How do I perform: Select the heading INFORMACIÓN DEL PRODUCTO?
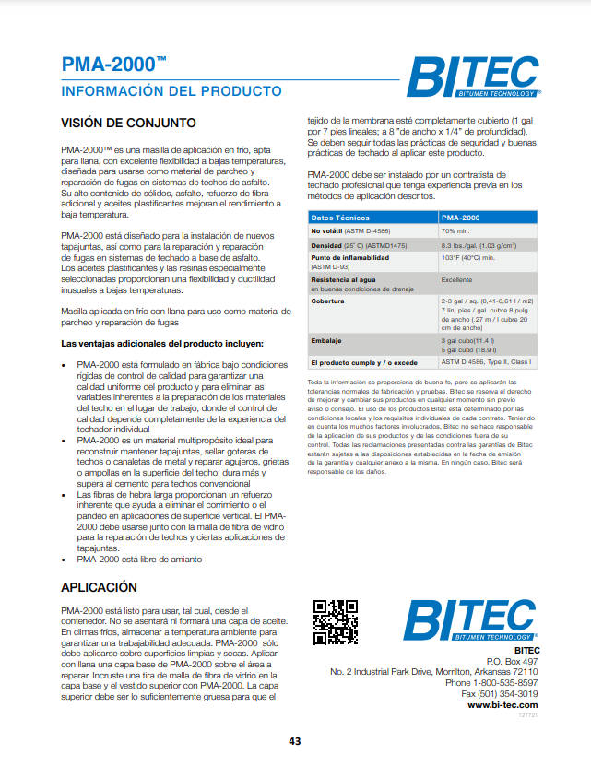click(171, 91)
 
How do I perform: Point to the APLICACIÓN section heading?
click(112, 587)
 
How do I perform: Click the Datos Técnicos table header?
click(339, 217)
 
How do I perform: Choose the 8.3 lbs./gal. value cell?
click(477, 246)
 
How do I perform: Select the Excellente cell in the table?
click(456, 278)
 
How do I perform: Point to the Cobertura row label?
click(328, 301)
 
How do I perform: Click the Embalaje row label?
click(326, 341)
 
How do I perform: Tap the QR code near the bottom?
click(335, 622)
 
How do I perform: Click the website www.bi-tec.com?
click(502, 704)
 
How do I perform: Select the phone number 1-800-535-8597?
click(505, 682)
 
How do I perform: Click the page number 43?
click(295, 741)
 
